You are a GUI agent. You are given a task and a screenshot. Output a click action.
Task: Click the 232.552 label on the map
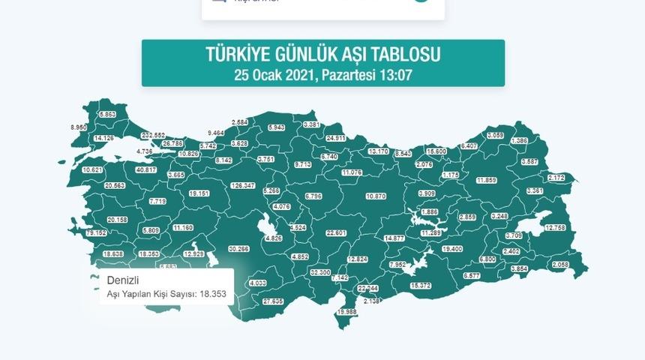[153, 135]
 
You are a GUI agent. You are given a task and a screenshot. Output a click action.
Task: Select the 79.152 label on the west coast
[96, 233]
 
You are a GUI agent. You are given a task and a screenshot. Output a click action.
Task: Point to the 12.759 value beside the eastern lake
[556, 227]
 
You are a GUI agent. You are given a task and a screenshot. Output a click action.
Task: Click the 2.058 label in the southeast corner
[560, 265]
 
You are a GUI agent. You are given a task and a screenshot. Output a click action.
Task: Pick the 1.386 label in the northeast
[519, 141]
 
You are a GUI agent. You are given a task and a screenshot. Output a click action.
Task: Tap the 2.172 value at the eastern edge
[556, 178]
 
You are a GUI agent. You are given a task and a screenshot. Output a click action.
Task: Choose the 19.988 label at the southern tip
[346, 311]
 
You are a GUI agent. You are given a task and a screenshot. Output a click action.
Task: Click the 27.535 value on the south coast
[273, 301]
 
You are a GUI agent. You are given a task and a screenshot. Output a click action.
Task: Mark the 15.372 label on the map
[421, 286]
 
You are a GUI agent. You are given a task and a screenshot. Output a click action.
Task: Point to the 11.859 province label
[486, 180]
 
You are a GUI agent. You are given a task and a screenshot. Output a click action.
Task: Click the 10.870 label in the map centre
[376, 196]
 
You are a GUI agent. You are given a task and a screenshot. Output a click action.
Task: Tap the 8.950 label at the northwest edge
[79, 127]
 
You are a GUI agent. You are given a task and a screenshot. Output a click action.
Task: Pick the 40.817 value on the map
[145, 169]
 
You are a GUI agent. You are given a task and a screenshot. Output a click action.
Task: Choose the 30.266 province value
[238, 248]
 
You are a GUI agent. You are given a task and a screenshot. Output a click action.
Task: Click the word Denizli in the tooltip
[123, 280]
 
